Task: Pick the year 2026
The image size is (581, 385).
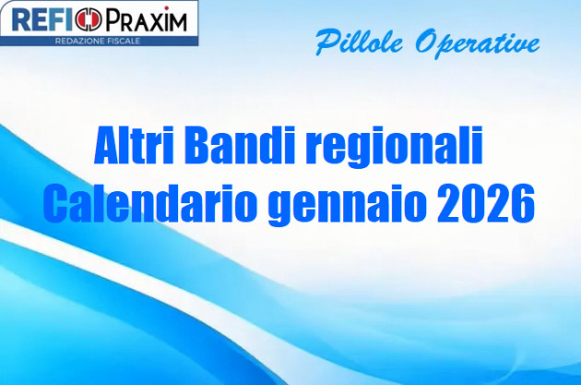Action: click(489, 203)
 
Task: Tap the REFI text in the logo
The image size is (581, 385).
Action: click(44, 20)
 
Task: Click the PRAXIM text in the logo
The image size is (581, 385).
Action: click(144, 20)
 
